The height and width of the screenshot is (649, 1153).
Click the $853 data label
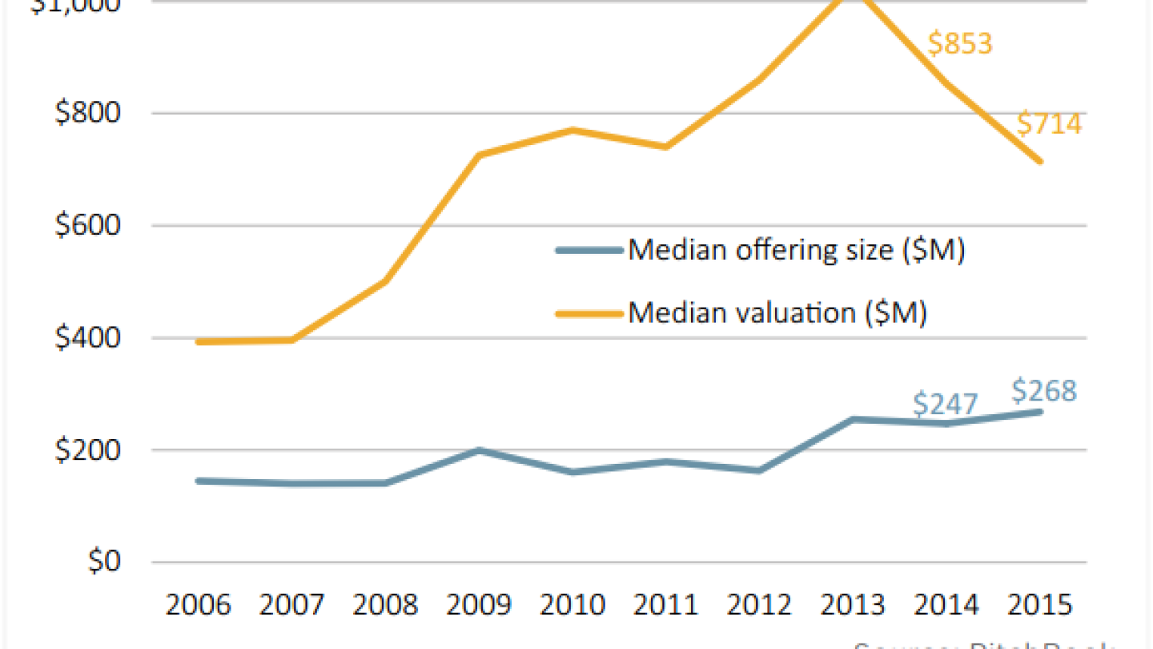[960, 43]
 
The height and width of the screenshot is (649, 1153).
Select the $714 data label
[1049, 124]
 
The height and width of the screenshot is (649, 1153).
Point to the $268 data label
[1044, 391]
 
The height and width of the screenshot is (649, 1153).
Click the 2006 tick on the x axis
[198, 604]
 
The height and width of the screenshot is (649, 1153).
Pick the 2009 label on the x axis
[479, 604]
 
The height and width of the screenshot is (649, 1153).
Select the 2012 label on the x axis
[759, 604]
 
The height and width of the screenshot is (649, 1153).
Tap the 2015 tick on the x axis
[1039, 604]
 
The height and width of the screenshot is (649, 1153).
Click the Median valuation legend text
[777, 312]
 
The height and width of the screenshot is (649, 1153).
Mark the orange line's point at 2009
[479, 155]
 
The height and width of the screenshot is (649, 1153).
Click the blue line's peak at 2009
[479, 450]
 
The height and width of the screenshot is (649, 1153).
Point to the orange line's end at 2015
[1040, 161]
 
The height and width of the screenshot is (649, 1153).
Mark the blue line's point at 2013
[853, 419]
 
